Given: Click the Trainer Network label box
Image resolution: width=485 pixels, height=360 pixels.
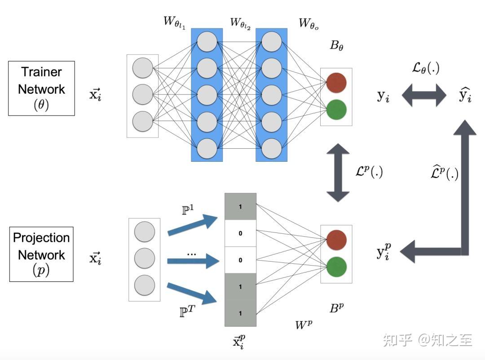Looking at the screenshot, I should pyautogui.click(x=41, y=89).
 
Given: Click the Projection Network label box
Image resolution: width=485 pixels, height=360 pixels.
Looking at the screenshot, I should pyautogui.click(x=41, y=254).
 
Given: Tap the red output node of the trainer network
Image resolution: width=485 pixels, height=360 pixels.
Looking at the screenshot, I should pyautogui.click(x=336, y=83).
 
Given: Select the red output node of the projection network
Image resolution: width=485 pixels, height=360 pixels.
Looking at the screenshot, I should pyautogui.click(x=336, y=240).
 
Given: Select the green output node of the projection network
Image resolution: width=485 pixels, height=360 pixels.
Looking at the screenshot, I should pyautogui.click(x=336, y=267).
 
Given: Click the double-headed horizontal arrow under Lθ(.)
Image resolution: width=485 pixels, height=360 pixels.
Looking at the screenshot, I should pyautogui.click(x=423, y=96).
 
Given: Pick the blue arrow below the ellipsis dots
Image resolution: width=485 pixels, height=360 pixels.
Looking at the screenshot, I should pyautogui.click(x=193, y=261).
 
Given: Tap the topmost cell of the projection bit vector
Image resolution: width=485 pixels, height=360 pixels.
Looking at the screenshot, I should pyautogui.click(x=240, y=207).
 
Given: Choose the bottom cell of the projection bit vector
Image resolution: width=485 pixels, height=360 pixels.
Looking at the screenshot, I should pyautogui.click(x=240, y=313).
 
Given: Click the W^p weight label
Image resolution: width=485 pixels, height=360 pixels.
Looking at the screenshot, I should pyautogui.click(x=304, y=324).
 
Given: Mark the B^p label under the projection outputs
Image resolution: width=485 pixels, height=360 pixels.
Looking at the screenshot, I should pyautogui.click(x=336, y=308).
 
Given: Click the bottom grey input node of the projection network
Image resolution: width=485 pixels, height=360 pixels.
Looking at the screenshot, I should pyautogui.click(x=145, y=285).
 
